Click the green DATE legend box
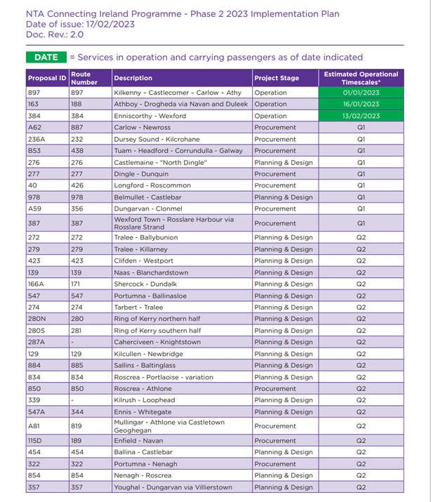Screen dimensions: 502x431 tap(46, 57)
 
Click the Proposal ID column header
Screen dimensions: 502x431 tap(47, 78)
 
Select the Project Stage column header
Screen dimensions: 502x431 tap(277, 78)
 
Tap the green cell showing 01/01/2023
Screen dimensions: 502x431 tap(361, 93)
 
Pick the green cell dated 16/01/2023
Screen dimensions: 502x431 tap(361, 104)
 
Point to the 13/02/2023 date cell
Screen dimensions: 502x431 tap(361, 116)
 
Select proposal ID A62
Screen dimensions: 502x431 tap(35, 128)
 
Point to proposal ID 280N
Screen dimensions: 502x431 tap(37, 319)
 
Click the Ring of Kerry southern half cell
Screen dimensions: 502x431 tap(157, 331)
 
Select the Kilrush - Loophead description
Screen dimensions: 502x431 tap(145, 400)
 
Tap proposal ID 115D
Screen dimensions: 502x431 tap(36, 441)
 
